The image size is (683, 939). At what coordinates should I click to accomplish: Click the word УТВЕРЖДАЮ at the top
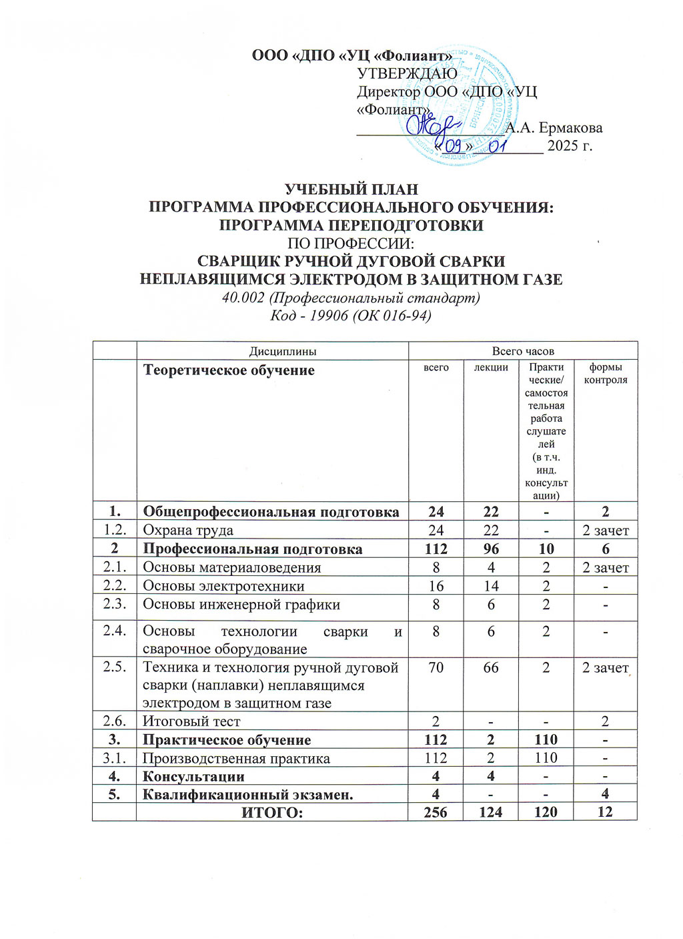[x=407, y=74]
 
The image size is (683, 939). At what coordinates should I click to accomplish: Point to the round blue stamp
[x=467, y=107]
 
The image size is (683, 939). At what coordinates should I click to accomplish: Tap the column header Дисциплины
[x=273, y=351]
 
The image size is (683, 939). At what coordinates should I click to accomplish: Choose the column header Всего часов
[x=523, y=351]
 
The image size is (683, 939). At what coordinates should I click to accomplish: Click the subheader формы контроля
[x=606, y=374]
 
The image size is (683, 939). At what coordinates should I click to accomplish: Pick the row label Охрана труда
[x=188, y=531]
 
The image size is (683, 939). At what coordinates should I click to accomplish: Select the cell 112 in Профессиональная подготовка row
[x=436, y=549]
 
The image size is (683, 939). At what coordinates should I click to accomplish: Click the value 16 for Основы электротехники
[x=436, y=586]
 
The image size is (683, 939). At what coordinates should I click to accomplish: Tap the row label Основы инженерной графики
[x=241, y=605]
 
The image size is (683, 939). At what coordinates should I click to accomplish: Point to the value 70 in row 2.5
[x=436, y=667]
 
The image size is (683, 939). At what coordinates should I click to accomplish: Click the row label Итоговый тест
[x=191, y=721]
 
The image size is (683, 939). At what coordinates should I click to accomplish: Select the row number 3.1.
[x=115, y=758]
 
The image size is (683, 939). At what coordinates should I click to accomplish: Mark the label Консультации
[x=193, y=776]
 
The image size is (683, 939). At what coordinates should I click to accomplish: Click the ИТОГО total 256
[x=436, y=812]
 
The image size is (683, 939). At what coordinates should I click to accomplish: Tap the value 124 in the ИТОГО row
[x=491, y=812]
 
